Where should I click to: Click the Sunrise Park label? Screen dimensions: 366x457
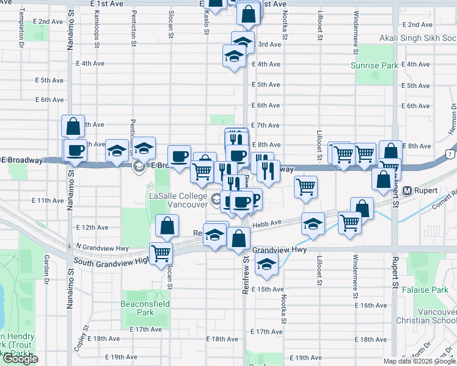[x=375, y=65]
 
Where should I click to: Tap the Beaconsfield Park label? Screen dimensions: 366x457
[x=145, y=308]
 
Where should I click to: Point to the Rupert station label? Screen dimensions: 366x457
[x=426, y=190]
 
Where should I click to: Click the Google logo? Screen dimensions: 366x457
[x=20, y=359]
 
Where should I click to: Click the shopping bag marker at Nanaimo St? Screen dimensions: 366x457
[x=73, y=127]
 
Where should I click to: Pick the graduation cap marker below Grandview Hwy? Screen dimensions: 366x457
[x=266, y=264]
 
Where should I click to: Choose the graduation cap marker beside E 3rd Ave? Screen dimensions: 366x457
[x=243, y=42]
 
